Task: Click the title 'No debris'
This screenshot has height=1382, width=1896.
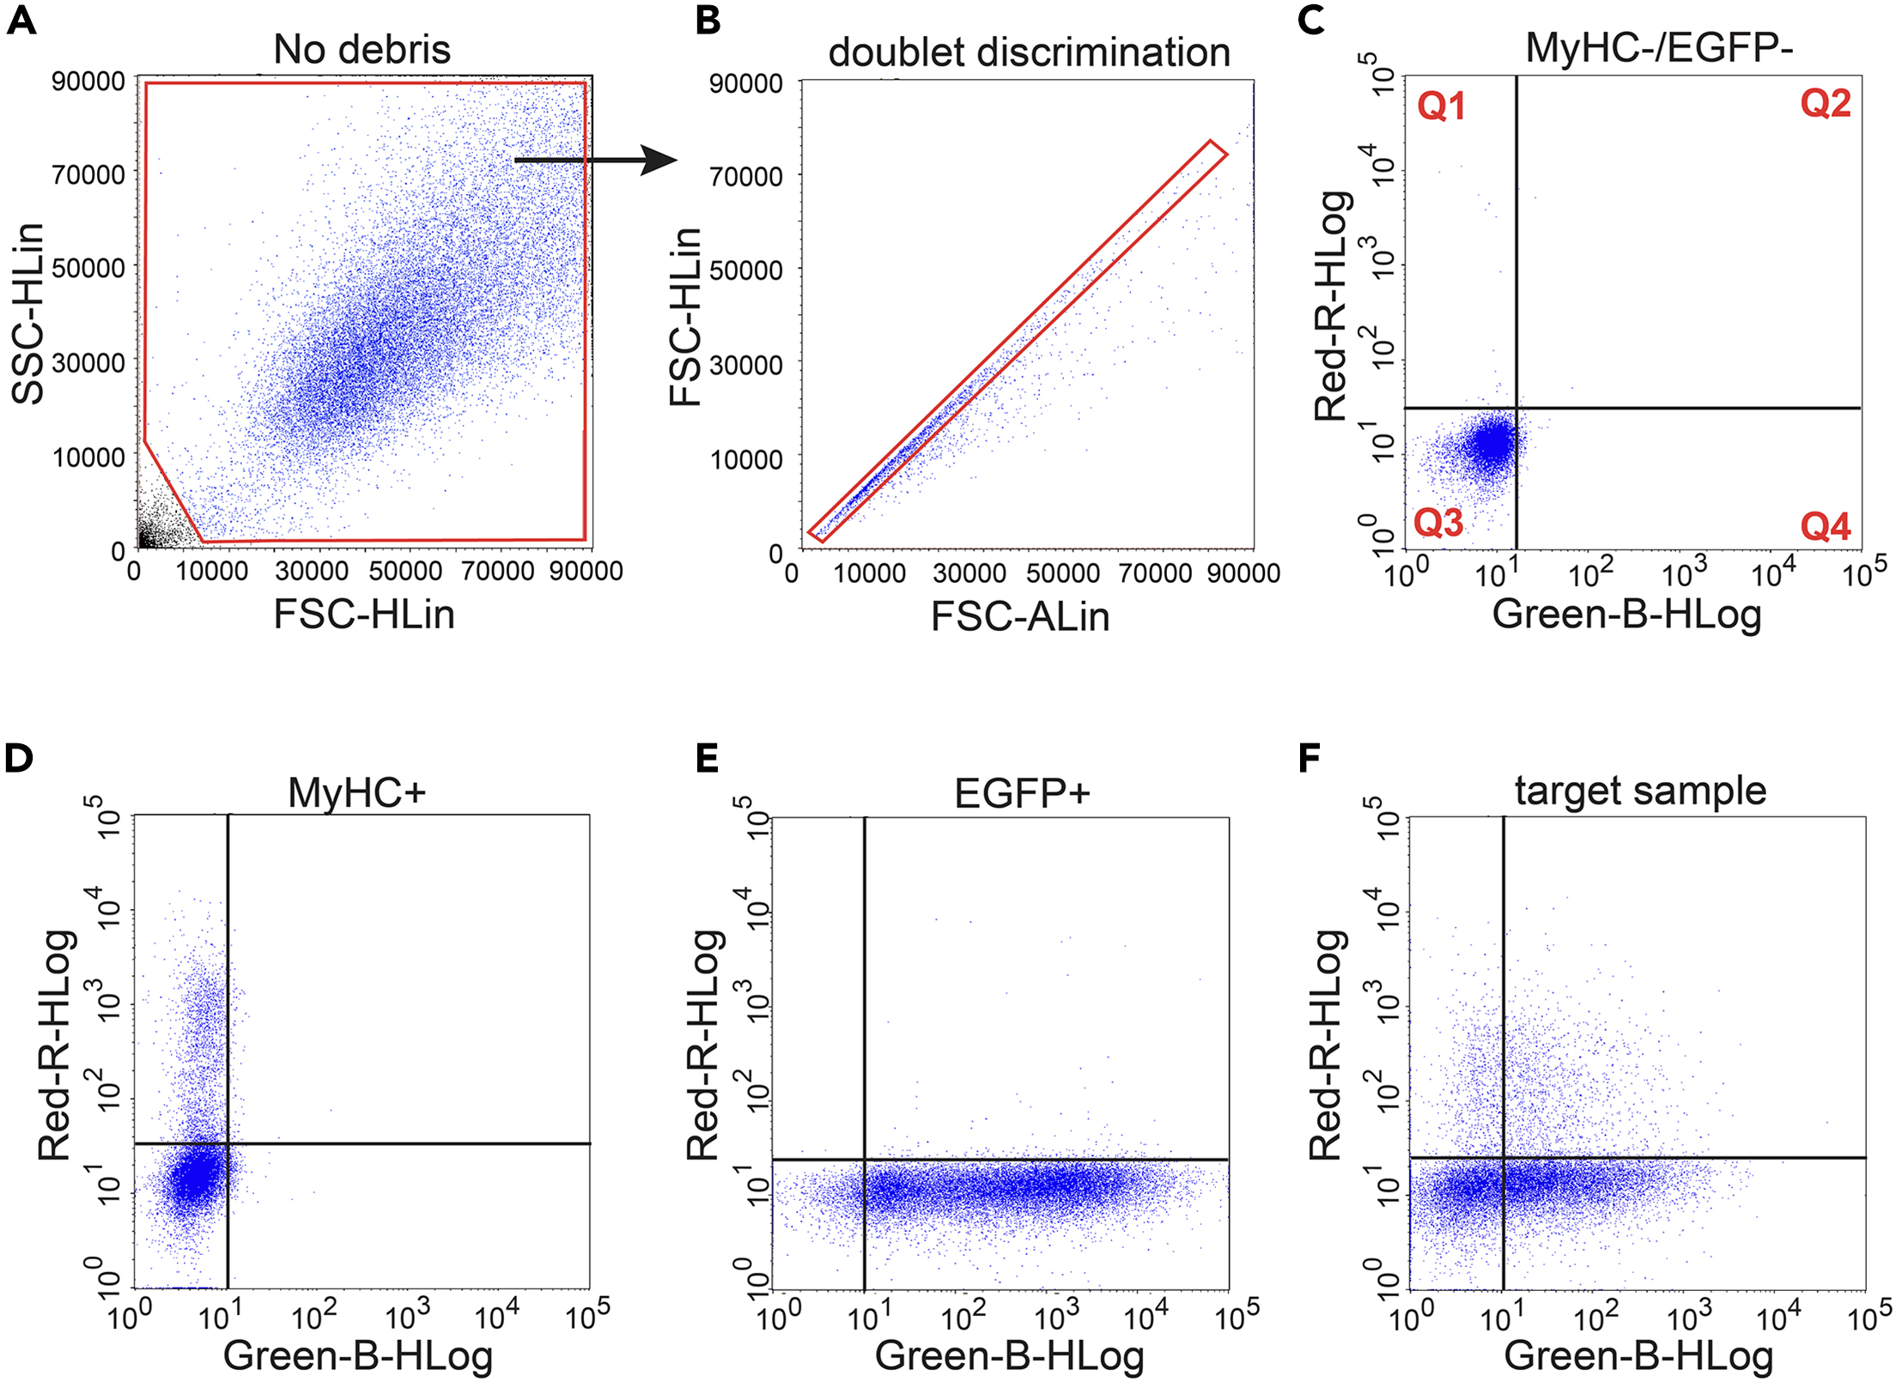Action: coord(362,50)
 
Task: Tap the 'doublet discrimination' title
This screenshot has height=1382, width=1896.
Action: coord(1029,52)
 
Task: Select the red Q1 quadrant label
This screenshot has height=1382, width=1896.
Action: coord(1441,106)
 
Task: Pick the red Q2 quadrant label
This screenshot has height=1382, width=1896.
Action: coord(1825,104)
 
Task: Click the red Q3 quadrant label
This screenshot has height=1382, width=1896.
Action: coord(1438,522)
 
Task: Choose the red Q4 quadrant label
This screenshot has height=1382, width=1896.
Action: coord(1825,526)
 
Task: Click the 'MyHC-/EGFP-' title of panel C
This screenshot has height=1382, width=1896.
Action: coord(1659,48)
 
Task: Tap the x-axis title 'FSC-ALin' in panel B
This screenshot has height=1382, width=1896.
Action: coord(1020,616)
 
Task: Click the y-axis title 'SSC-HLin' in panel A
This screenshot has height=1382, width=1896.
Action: coord(28,313)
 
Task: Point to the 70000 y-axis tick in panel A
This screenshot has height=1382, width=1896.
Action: coord(88,174)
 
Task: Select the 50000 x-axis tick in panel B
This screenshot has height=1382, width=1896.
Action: coord(1062,573)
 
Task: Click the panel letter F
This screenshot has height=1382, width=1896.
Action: coord(1310,759)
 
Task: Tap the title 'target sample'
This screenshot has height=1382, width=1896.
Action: coord(1640,791)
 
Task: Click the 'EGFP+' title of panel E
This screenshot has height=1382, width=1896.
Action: coord(1022,793)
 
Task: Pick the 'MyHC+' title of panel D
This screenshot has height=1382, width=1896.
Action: coord(356,792)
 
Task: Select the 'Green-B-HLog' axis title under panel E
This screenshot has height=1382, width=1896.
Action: coord(1010,1356)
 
